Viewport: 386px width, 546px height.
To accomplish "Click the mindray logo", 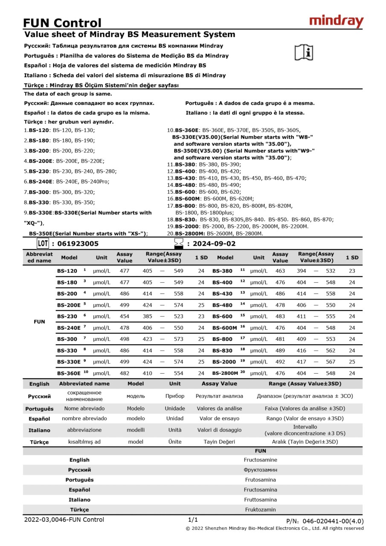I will (x=336, y=21).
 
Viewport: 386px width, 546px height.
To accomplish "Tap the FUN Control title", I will (x=62, y=23).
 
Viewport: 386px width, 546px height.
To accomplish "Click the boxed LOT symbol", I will (x=43, y=244).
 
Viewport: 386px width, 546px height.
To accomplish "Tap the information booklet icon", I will (x=304, y=52).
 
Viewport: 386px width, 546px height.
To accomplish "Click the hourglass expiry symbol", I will (x=179, y=244).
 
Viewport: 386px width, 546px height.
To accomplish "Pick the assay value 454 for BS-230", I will (x=125, y=317).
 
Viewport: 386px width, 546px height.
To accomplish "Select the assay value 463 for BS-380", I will (x=280, y=271).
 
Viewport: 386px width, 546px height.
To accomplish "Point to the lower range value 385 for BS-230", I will (x=147, y=317).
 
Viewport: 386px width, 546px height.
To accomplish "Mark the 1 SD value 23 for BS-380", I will (x=352, y=271).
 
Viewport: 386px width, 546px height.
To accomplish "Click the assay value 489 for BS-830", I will (x=280, y=351).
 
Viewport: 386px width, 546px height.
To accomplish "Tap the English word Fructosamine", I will (x=260, y=460).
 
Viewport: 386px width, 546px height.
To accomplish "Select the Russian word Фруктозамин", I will (x=260, y=470).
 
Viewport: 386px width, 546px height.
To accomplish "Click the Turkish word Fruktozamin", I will (x=260, y=509).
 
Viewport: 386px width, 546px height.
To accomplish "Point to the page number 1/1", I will (x=193, y=520).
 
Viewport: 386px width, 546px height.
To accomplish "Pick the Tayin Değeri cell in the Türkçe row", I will (x=219, y=442).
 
